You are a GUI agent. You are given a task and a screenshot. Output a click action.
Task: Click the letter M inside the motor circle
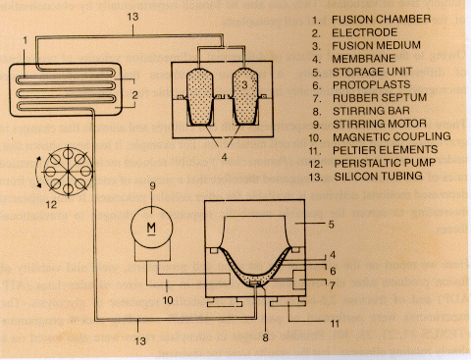click(151, 228)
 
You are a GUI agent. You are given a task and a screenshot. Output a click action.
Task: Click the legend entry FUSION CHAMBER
click(382, 20)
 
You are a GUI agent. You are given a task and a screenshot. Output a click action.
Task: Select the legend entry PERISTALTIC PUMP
click(385, 163)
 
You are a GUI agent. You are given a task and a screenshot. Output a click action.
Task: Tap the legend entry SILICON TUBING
click(378, 177)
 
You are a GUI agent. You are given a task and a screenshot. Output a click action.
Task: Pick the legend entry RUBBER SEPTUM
click(380, 98)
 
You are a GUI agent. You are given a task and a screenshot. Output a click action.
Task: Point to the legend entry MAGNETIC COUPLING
click(392, 137)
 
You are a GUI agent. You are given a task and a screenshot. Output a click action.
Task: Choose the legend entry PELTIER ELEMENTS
click(386, 150)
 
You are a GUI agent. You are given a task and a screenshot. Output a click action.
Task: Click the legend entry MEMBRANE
click(364, 59)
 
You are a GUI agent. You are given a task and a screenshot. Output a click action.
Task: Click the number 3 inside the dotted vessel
click(244, 84)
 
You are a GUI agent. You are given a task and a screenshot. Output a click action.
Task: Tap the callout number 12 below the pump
click(51, 205)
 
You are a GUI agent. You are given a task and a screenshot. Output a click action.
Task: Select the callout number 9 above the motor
click(152, 186)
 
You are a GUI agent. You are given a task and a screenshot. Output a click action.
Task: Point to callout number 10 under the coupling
click(168, 300)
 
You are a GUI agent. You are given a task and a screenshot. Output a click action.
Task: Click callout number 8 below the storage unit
click(265, 337)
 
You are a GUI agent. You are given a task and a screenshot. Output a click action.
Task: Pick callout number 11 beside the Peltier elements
click(335, 324)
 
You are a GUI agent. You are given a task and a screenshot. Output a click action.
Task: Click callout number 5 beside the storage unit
click(331, 225)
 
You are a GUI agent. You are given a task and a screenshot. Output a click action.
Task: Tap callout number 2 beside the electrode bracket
click(134, 95)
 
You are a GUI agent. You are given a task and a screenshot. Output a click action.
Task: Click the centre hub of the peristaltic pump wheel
click(68, 172)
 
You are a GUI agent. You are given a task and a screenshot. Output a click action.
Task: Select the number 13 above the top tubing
click(132, 17)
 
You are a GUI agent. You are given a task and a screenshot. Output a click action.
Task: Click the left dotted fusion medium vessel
click(199, 97)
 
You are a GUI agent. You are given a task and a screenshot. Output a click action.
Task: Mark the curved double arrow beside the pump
click(38, 172)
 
